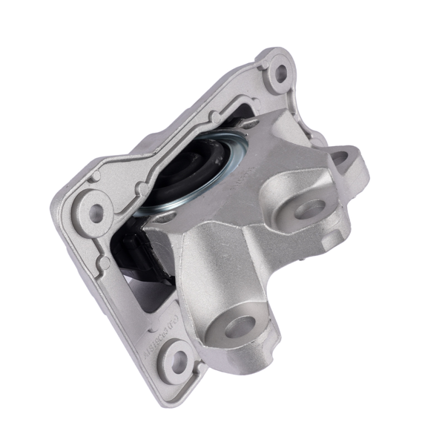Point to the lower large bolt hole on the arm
tap(238, 326)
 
